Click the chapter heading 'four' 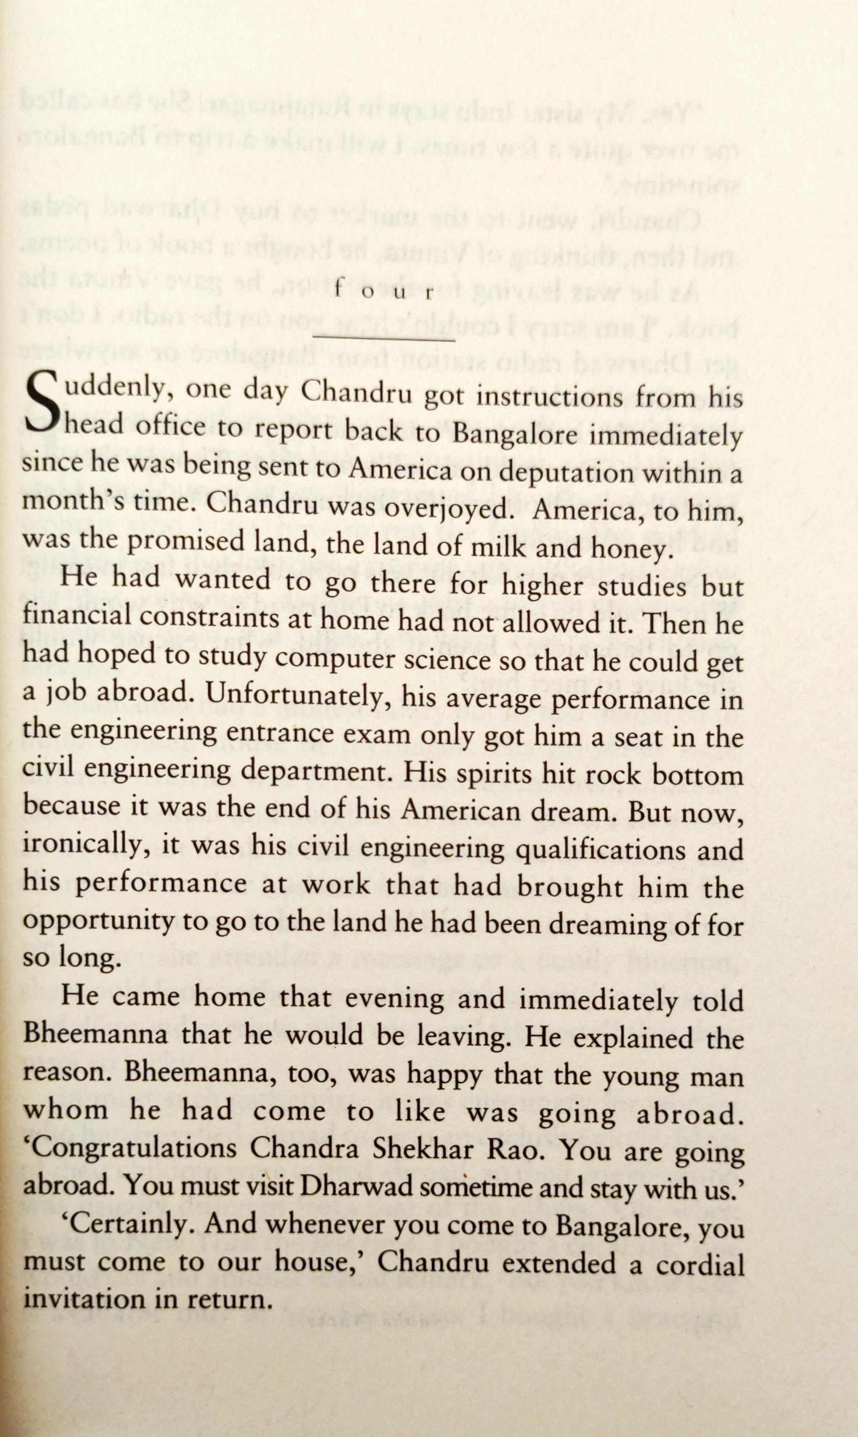coord(384,291)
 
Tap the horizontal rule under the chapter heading coord(384,338)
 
